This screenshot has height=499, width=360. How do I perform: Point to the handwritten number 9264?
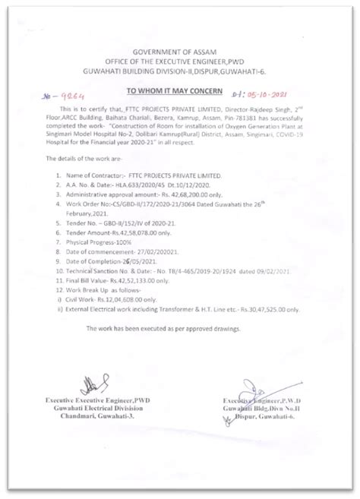click(55, 98)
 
